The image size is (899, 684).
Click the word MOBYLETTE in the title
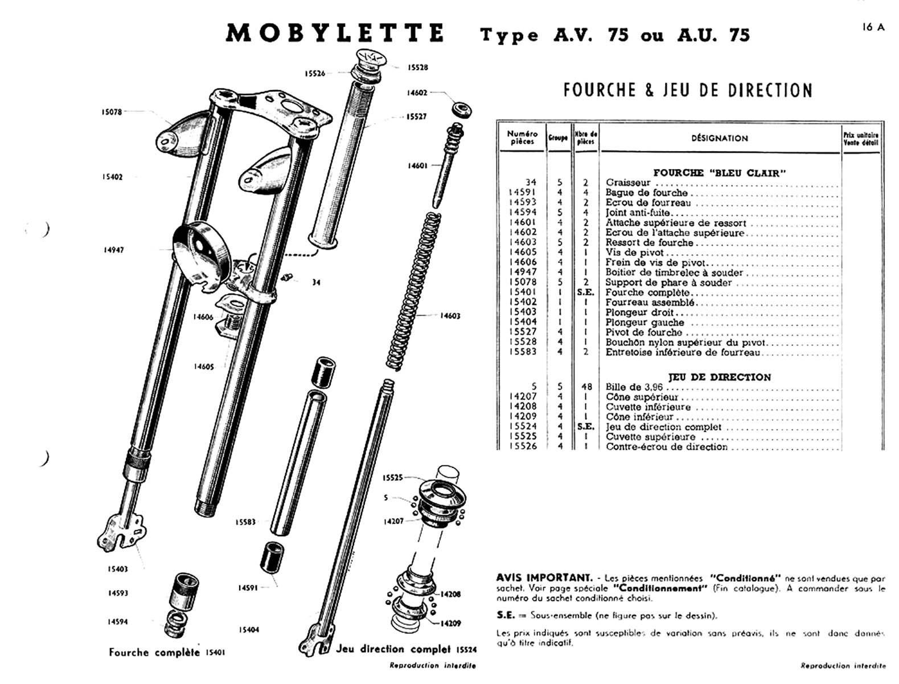335,34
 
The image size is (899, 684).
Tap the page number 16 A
873,27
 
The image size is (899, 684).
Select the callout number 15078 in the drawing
111,112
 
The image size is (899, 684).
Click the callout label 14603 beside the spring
450,316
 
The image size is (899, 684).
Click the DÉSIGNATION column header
720,138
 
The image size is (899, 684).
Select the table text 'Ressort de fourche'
649,243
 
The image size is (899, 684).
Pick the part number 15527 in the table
522,332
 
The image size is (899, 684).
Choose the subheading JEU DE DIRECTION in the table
720,377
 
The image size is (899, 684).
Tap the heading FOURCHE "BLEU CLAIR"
719,173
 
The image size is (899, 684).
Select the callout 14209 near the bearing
450,624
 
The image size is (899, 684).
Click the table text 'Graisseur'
628,183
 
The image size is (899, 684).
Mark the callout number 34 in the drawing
316,282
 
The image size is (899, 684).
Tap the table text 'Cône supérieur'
642,397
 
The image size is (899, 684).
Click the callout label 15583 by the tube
246,522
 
